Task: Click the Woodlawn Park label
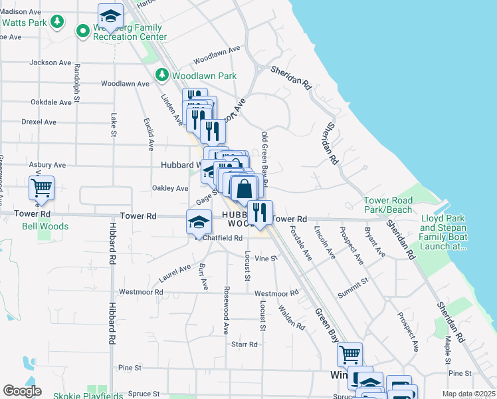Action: tap(204, 76)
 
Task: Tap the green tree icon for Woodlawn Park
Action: tap(161, 76)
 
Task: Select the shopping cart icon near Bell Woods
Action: tap(41, 188)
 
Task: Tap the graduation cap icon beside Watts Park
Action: tap(110, 16)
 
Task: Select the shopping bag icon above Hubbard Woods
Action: tap(244, 188)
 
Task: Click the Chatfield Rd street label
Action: tap(223, 238)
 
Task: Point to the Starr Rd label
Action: tap(244, 344)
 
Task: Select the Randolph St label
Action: tap(77, 83)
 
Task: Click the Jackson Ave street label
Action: tap(50, 63)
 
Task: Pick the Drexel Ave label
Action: tap(39, 122)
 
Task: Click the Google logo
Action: tap(22, 391)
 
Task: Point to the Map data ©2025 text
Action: tap(468, 394)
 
